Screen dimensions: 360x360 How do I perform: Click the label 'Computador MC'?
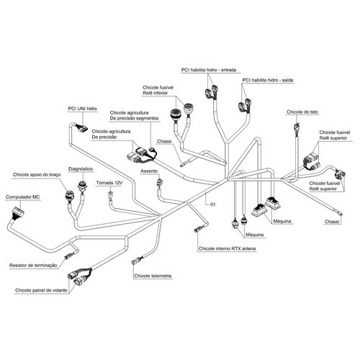[23, 197]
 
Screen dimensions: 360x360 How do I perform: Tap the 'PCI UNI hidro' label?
[82, 109]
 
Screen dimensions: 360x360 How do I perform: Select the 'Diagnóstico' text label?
[81, 169]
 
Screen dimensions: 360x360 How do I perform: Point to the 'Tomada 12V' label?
[109, 183]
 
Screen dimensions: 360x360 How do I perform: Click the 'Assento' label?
[149, 171]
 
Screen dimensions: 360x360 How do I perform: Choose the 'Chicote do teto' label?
[302, 112]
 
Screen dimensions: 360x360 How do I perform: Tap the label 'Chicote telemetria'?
[153, 276]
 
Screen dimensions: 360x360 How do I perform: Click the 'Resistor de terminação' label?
[33, 266]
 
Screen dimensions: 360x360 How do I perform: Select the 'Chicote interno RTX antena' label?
[227, 248]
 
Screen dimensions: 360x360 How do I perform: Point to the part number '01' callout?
[212, 204]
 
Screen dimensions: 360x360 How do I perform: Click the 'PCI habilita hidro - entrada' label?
[209, 70]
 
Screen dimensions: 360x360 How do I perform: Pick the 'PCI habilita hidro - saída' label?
[268, 80]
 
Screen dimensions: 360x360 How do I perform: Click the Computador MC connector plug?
[18, 212]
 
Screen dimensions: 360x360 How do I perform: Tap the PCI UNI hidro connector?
[81, 128]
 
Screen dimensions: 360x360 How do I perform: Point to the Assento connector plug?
[160, 181]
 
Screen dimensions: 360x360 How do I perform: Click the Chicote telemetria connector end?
[136, 261]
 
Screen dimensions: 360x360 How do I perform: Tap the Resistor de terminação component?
[68, 256]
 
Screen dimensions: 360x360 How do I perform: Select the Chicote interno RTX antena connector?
[198, 229]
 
